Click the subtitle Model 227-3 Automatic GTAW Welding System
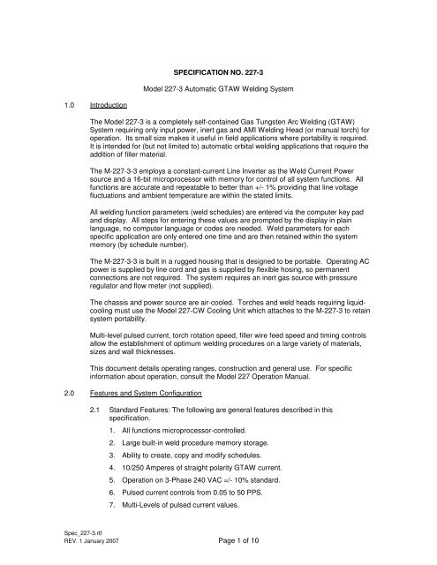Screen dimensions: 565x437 (x=234, y=86)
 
